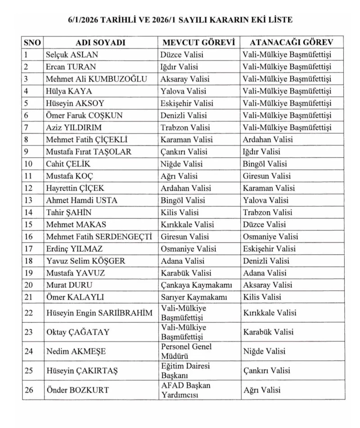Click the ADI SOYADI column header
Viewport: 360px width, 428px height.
tap(100, 43)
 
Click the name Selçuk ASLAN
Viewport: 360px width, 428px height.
tap(72, 55)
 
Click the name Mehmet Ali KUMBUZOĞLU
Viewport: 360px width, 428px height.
tap(96, 79)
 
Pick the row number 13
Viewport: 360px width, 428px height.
tap(29, 200)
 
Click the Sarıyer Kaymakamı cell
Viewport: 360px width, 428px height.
tap(194, 297)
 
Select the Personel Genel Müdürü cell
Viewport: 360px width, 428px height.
tap(186, 351)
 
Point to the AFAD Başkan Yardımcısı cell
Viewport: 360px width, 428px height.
tap(186, 390)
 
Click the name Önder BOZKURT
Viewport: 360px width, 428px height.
tap(77, 390)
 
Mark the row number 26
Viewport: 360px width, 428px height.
tap(29, 390)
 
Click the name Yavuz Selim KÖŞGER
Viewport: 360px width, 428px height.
tap(85, 261)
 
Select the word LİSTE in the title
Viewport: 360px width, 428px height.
tap(279, 20)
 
